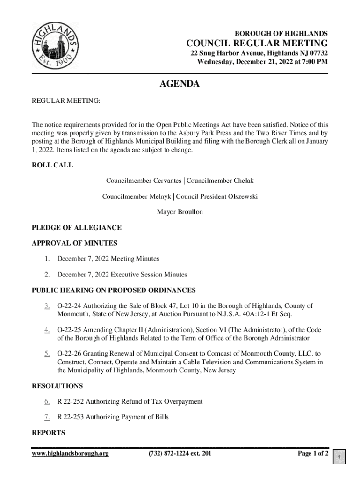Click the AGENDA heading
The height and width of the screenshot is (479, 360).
click(180, 84)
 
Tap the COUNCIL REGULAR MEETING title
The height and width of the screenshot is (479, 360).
click(257, 44)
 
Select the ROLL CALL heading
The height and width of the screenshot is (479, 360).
click(52, 165)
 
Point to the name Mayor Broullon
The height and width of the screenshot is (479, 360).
click(180, 212)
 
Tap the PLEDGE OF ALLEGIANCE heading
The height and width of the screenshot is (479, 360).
click(76, 228)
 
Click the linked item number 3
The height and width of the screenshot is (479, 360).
click(47, 306)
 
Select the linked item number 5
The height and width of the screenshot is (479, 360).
click(47, 354)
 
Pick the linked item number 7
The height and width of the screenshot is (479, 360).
click(47, 417)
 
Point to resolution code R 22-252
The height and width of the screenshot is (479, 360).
click(71, 401)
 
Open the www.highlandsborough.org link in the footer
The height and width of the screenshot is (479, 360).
click(70, 454)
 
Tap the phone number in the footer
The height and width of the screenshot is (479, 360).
click(180, 454)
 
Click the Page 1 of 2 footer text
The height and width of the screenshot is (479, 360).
click(313, 454)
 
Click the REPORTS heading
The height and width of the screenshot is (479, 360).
click(48, 433)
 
